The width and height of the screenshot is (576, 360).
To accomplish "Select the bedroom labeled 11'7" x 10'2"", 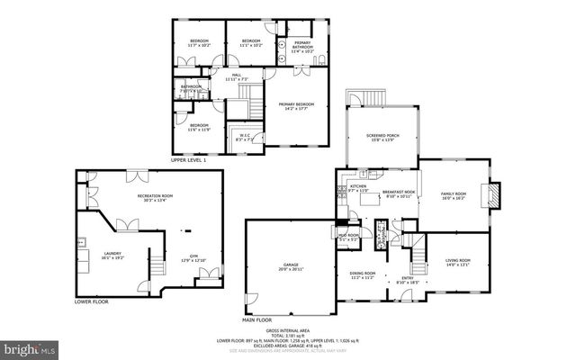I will (x=198, y=41).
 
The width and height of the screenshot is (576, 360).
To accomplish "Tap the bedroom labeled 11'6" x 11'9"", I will (x=198, y=127).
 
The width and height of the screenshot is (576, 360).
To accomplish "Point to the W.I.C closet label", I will (x=244, y=138).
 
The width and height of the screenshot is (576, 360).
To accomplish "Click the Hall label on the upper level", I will (x=236, y=77).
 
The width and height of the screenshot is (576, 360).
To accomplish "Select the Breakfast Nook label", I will (x=398, y=193).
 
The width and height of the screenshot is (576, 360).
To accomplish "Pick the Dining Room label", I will (x=362, y=275).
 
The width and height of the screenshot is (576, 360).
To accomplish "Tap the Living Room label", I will (x=458, y=263).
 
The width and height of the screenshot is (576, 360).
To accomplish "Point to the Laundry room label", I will (x=112, y=256).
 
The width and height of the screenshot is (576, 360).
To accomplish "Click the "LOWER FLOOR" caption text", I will (x=91, y=301).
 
